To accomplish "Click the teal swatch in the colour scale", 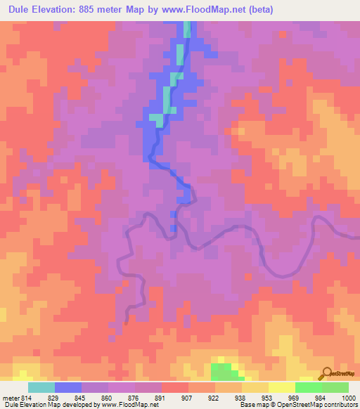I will tap(41, 387).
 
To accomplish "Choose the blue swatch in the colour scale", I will tap(68, 387).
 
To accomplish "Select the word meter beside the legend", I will tap(12, 398).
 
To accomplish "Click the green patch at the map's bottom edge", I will tap(224, 372).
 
